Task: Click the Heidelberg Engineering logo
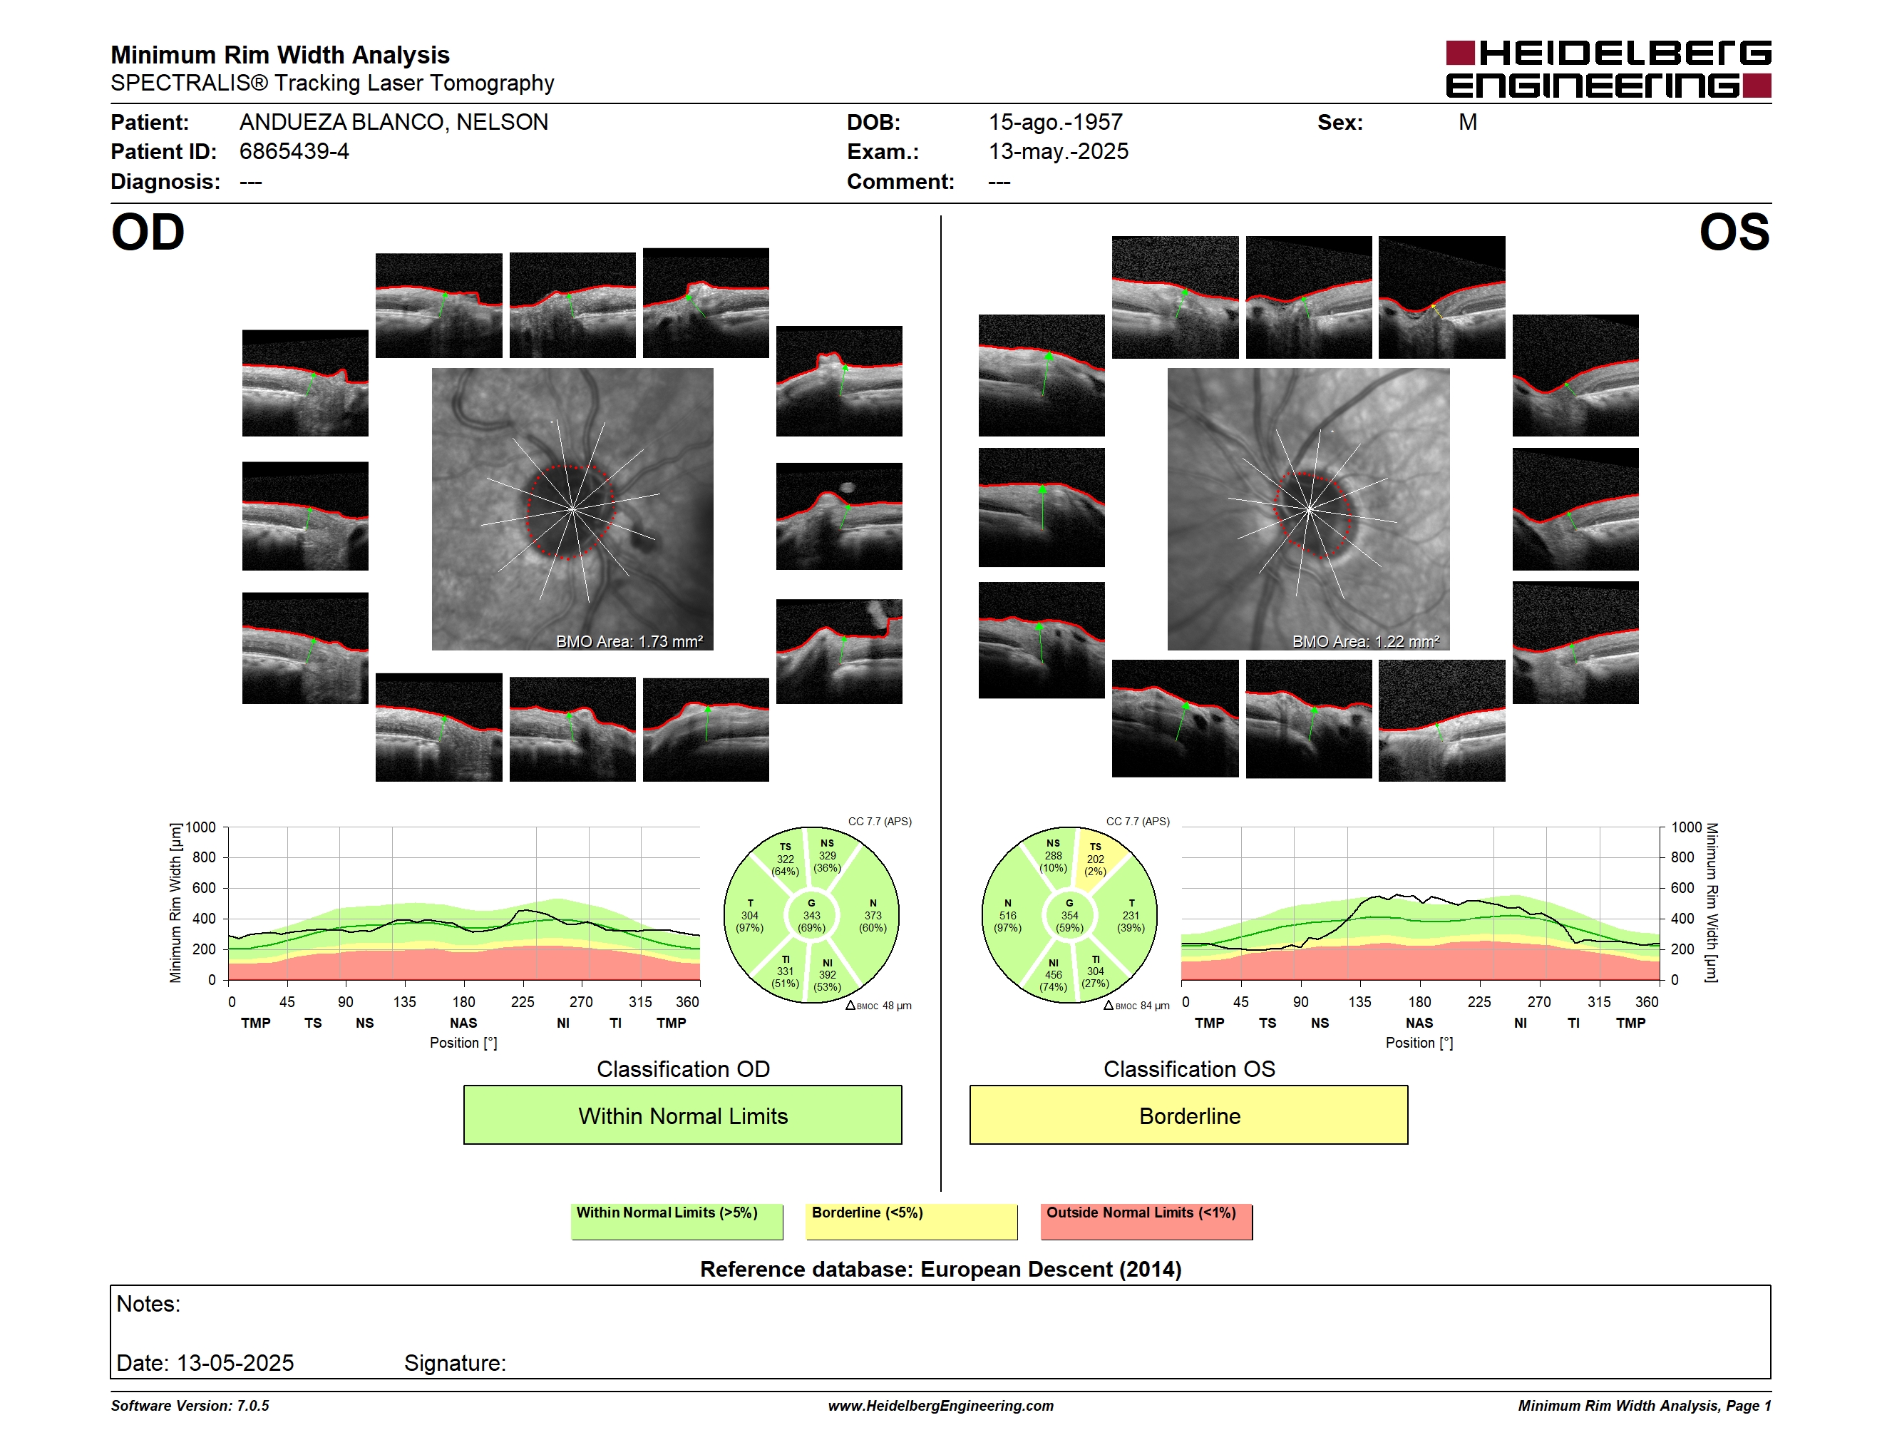click(1608, 69)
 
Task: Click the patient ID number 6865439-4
click(294, 152)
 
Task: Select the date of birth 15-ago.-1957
click(1055, 123)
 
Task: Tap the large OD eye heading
click(148, 233)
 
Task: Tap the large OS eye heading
click(1734, 233)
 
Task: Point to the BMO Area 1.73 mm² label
click(629, 641)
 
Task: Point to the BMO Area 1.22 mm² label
click(1366, 641)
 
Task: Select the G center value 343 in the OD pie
click(811, 915)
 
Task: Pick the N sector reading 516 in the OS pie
click(1007, 915)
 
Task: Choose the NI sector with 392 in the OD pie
click(827, 975)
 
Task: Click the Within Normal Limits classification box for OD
click(682, 1115)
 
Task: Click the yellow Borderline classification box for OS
click(1188, 1115)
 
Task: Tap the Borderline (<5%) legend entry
click(911, 1221)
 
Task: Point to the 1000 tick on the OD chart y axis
click(201, 827)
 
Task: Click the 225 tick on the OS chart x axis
click(1479, 1001)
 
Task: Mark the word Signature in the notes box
click(453, 1363)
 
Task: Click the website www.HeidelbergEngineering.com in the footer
click(940, 1406)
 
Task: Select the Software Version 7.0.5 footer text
click(190, 1406)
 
